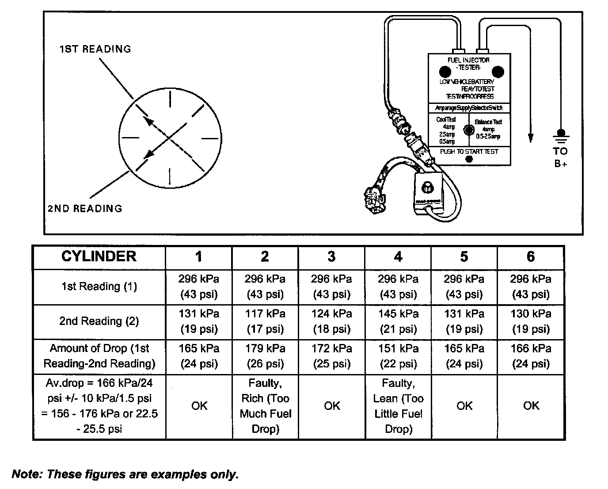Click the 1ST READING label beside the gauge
pyautogui.click(x=95, y=49)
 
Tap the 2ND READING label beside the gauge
pyautogui.click(x=85, y=208)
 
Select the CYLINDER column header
pyautogui.click(x=99, y=257)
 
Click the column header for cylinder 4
pyautogui.click(x=398, y=257)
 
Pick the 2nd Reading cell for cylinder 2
pyautogui.click(x=265, y=321)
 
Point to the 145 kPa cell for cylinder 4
pyautogui.click(x=398, y=321)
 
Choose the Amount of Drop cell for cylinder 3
pyautogui.click(x=331, y=356)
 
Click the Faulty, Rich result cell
pyautogui.click(x=265, y=406)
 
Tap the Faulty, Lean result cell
pyautogui.click(x=398, y=406)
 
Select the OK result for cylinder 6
pyautogui.click(x=531, y=406)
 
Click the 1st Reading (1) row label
pyautogui.click(x=99, y=287)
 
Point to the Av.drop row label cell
pyautogui.click(x=99, y=406)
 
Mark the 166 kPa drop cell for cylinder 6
pyautogui.click(x=531, y=356)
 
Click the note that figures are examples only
pyautogui.click(x=125, y=474)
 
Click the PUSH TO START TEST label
pyautogui.click(x=469, y=152)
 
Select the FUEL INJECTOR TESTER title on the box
pyautogui.click(x=468, y=64)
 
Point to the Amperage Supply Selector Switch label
pyautogui.click(x=469, y=108)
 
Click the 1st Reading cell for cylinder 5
pyautogui.click(x=464, y=287)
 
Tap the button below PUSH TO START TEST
pyautogui.click(x=469, y=159)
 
